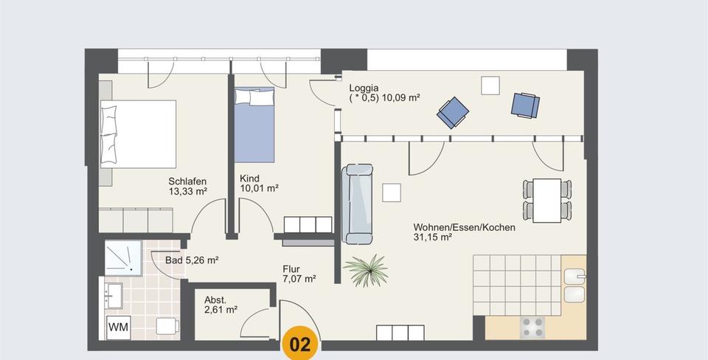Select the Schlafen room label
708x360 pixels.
coord(187,181)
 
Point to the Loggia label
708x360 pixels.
coord(364,87)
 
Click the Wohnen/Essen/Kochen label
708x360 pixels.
coord(464,227)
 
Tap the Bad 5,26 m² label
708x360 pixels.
coord(192,260)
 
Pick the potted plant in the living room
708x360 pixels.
coord(367,271)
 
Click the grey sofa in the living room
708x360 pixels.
coord(358,204)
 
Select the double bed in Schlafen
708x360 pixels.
coord(139,133)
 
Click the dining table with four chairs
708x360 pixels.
coord(546,200)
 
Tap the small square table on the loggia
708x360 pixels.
coord(490,86)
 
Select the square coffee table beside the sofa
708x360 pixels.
coord(392,192)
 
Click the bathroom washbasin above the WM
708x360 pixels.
coord(114,295)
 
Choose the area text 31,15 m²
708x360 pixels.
coord(431,238)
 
